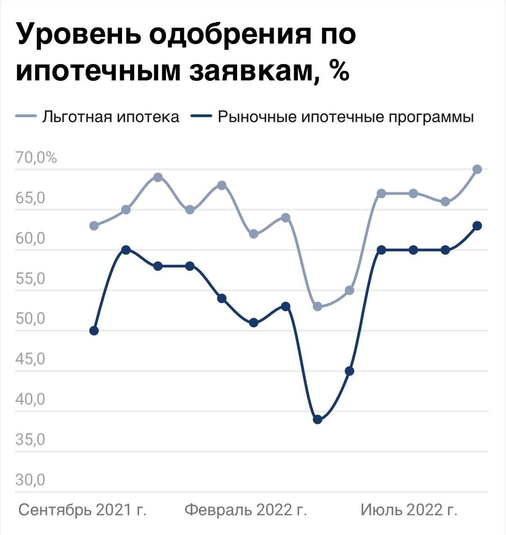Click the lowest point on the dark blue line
coord(318,419)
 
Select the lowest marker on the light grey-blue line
coord(318,307)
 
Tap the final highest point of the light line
coord(477,169)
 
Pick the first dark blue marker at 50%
coord(94,331)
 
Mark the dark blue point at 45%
coord(349,371)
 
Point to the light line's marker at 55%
coord(349,290)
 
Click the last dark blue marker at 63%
coord(477,226)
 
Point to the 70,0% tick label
coord(36,158)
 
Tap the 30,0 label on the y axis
coord(30,480)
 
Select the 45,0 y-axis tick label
coord(30,359)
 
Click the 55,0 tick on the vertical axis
coord(30,279)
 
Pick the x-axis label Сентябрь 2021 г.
coord(82,510)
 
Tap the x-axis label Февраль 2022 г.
coord(246,510)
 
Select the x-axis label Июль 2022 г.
coord(409,510)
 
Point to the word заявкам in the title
coord(251,72)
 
